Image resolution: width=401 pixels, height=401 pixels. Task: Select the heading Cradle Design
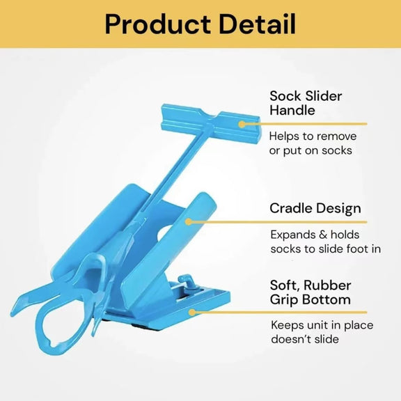pyautogui.click(x=315, y=208)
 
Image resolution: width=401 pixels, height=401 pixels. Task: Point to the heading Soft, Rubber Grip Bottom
pyautogui.click(x=310, y=292)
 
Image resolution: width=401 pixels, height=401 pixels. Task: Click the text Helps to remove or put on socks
pyautogui.click(x=310, y=143)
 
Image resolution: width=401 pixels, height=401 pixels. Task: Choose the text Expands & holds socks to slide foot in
pyautogui.click(x=324, y=242)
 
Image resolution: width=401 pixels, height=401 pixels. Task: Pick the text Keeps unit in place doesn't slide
pyautogui.click(x=314, y=332)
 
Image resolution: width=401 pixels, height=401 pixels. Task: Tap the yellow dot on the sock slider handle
pyautogui.click(x=242, y=124)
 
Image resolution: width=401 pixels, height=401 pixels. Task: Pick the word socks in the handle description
pyautogui.click(x=337, y=150)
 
